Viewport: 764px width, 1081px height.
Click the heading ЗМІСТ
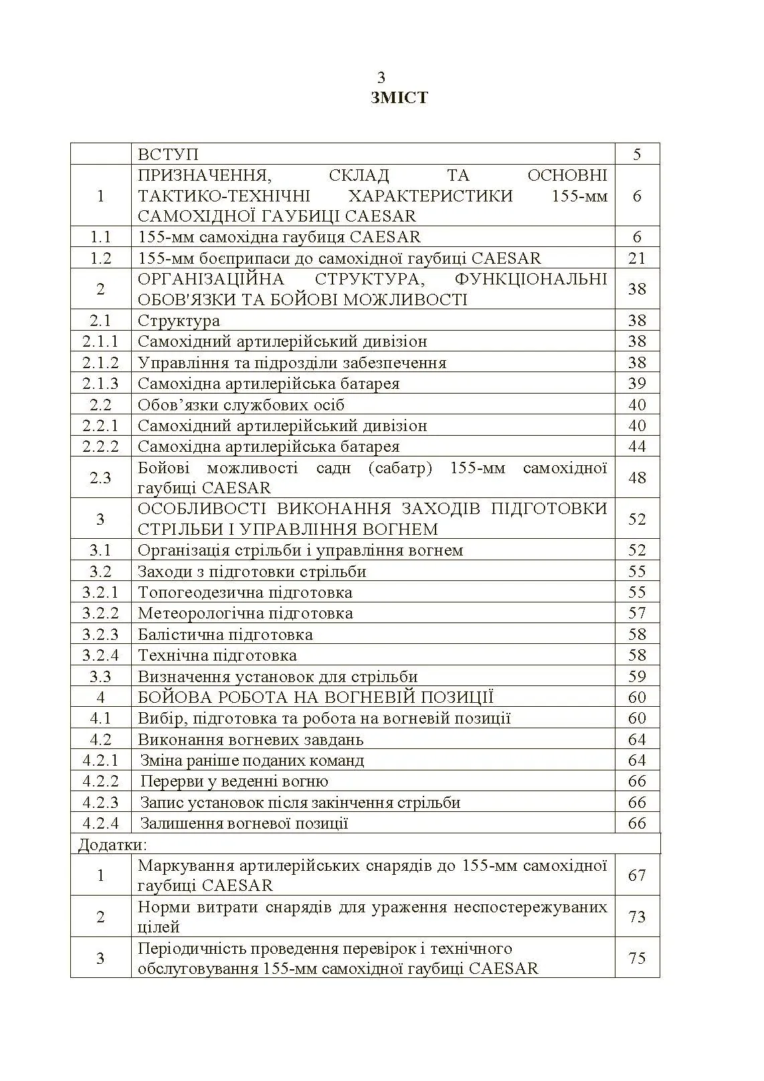coord(399,98)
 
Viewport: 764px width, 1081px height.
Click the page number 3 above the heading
coord(381,77)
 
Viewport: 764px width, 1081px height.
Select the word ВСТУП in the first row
coord(168,154)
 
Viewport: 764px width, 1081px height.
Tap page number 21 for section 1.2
coord(637,258)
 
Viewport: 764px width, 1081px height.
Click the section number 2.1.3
coord(100,384)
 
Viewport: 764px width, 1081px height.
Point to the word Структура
coord(179,321)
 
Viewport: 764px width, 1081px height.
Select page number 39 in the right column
coord(637,384)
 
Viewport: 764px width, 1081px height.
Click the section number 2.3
coord(100,477)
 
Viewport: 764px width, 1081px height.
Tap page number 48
coord(637,477)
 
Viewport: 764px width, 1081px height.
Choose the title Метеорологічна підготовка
coord(245,613)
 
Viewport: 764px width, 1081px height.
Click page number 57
coord(637,613)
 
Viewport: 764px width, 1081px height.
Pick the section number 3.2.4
coord(100,655)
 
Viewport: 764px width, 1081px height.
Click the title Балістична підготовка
coord(225,635)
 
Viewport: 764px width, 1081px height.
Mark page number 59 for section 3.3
coord(637,676)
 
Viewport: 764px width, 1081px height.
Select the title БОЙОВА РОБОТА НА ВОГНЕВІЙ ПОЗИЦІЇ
coord(315,697)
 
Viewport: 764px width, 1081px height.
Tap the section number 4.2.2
coord(100,781)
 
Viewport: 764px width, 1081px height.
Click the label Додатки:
coord(112,844)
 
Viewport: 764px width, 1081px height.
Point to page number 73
coord(637,916)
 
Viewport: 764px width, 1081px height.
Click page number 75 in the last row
coord(637,958)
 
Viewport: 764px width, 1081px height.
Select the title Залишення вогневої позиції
coord(244,823)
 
